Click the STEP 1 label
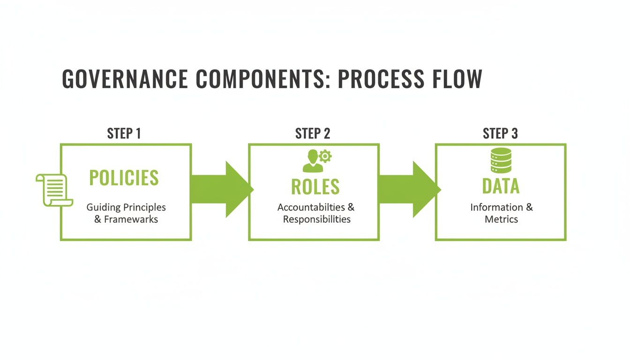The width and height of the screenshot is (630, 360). [124, 134]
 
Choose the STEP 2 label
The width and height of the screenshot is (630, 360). [313, 134]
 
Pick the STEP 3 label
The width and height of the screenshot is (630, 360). [500, 134]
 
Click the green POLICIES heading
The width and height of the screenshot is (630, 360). [124, 178]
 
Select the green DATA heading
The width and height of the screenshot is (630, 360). [501, 186]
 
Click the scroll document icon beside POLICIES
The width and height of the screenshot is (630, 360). [53, 189]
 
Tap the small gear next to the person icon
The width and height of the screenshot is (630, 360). [324, 156]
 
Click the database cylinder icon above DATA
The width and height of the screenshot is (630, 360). [501, 160]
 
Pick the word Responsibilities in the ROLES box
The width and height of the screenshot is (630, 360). [316, 219]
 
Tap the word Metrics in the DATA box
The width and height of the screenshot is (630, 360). [501, 219]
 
